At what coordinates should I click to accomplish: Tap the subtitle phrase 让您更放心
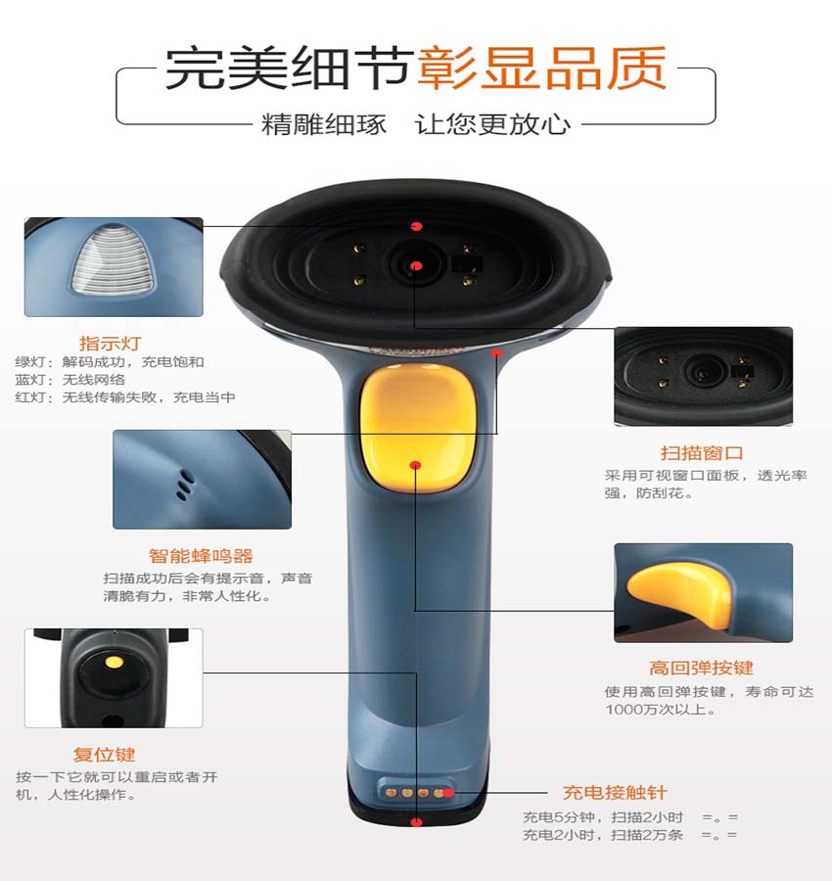(492, 124)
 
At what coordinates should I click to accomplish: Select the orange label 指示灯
(110, 343)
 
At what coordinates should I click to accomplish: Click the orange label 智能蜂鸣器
(201, 555)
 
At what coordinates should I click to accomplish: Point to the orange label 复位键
(104, 755)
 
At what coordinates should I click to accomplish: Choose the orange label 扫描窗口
(702, 452)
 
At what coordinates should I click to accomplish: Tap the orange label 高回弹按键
(701, 668)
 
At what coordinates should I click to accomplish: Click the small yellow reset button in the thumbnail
(115, 663)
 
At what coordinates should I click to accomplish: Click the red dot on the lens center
(416, 264)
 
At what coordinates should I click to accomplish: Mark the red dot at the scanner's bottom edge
(416, 821)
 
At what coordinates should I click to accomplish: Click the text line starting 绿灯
(110, 362)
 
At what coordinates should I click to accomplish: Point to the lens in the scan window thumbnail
(702, 371)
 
